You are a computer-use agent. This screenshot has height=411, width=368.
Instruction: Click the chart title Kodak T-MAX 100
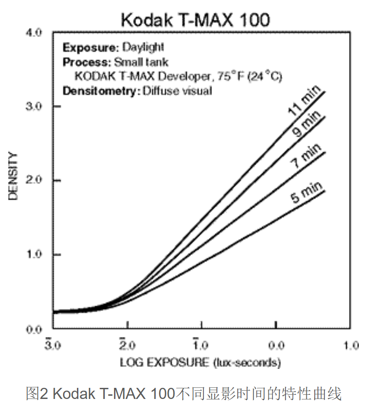point(195,20)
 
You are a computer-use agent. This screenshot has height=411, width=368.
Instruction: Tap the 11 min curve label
point(302,104)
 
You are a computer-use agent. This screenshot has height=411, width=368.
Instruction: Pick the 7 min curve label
point(306,157)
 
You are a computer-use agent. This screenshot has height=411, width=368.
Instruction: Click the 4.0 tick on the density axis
point(35,32)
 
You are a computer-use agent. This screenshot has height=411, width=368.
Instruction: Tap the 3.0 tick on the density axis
point(35,106)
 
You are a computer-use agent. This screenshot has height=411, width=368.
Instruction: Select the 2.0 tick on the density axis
point(35,180)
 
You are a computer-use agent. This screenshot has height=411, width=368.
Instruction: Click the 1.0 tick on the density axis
point(35,255)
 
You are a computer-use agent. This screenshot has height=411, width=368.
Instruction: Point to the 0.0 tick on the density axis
point(35,329)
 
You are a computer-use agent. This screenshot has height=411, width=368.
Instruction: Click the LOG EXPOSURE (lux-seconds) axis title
point(200,362)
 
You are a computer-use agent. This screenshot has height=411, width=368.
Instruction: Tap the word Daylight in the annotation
point(143,47)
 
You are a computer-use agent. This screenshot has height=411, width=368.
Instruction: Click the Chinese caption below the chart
point(184,394)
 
